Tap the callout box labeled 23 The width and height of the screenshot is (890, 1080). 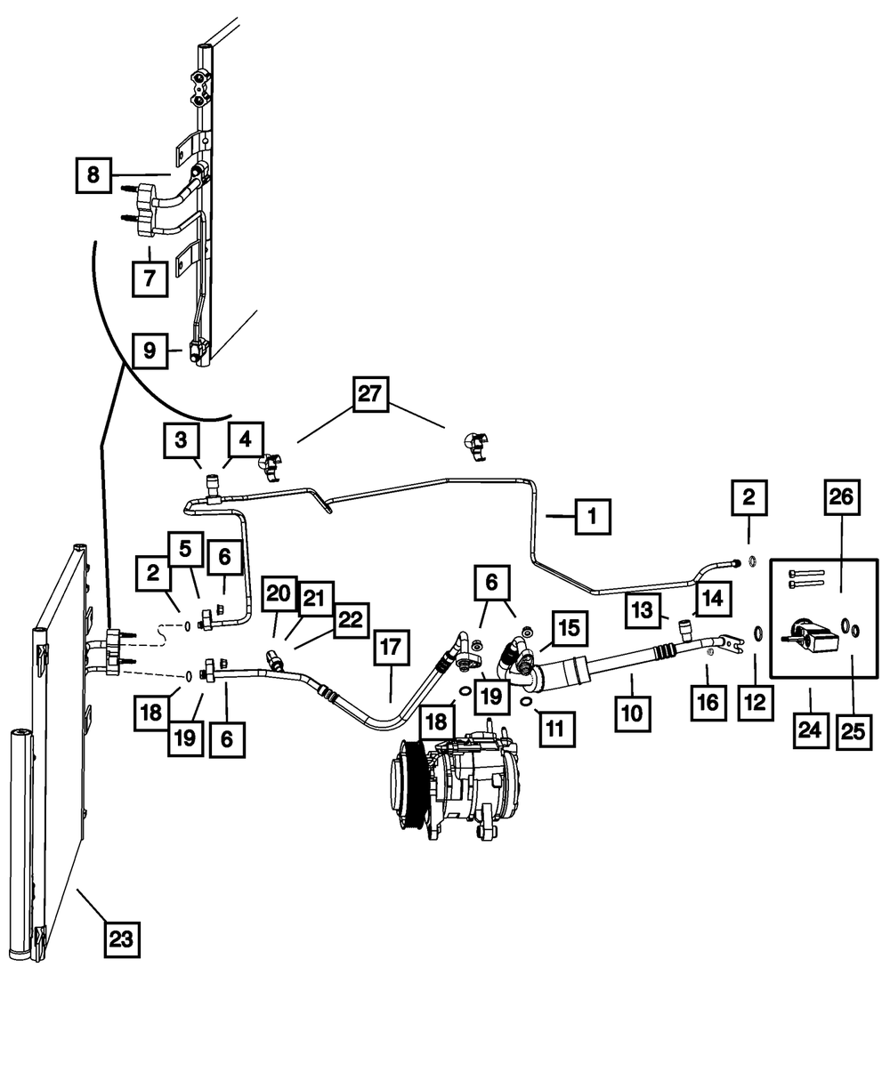(x=122, y=937)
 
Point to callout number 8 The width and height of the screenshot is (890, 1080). (x=93, y=174)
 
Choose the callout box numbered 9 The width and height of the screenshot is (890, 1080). (x=149, y=351)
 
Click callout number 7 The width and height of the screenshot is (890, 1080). (x=149, y=278)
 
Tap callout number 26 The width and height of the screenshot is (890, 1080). (x=841, y=497)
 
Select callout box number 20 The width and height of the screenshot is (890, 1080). (x=278, y=593)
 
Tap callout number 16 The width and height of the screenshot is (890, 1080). (x=709, y=703)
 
